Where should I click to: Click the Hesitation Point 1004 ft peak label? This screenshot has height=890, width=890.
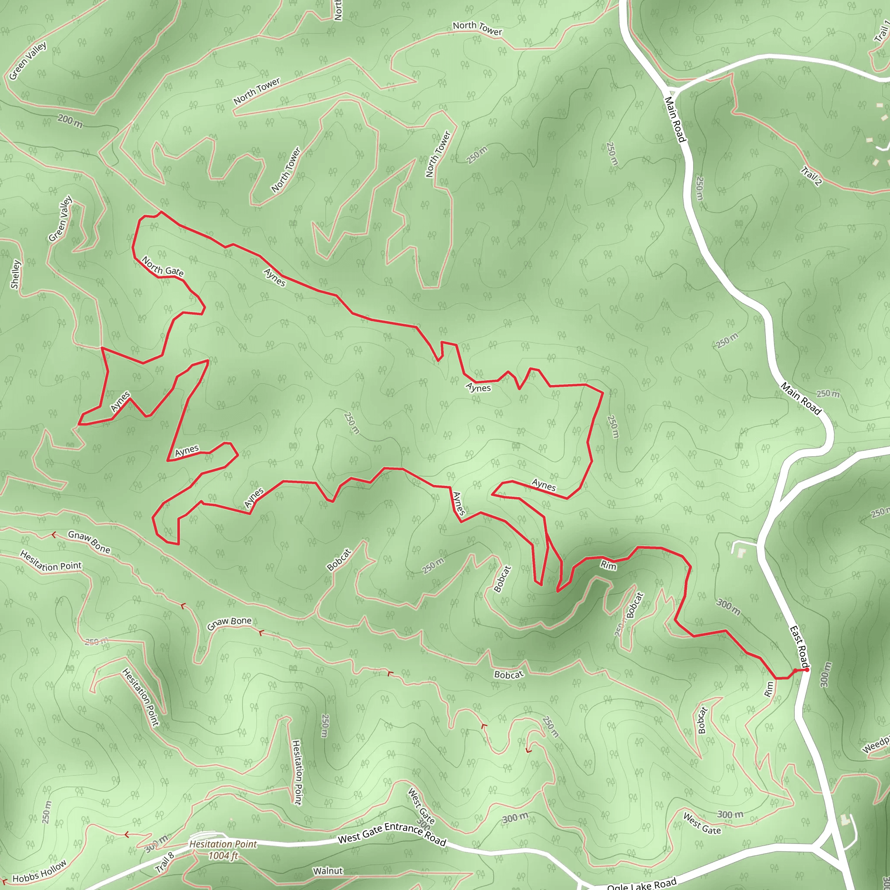[223, 850]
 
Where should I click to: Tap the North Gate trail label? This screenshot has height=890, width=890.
[163, 267]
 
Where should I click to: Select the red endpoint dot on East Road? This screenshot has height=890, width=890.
[807, 669]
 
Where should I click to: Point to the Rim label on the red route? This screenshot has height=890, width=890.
[608, 565]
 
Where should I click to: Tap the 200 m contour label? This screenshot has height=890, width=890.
[70, 121]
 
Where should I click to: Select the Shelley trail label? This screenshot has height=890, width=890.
[16, 275]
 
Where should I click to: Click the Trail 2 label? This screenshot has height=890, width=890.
[811, 176]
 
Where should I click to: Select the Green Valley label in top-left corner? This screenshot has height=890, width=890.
[28, 61]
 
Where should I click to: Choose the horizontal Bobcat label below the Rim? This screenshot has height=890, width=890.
[508, 674]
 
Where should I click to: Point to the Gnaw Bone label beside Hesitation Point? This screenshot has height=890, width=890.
[89, 542]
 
